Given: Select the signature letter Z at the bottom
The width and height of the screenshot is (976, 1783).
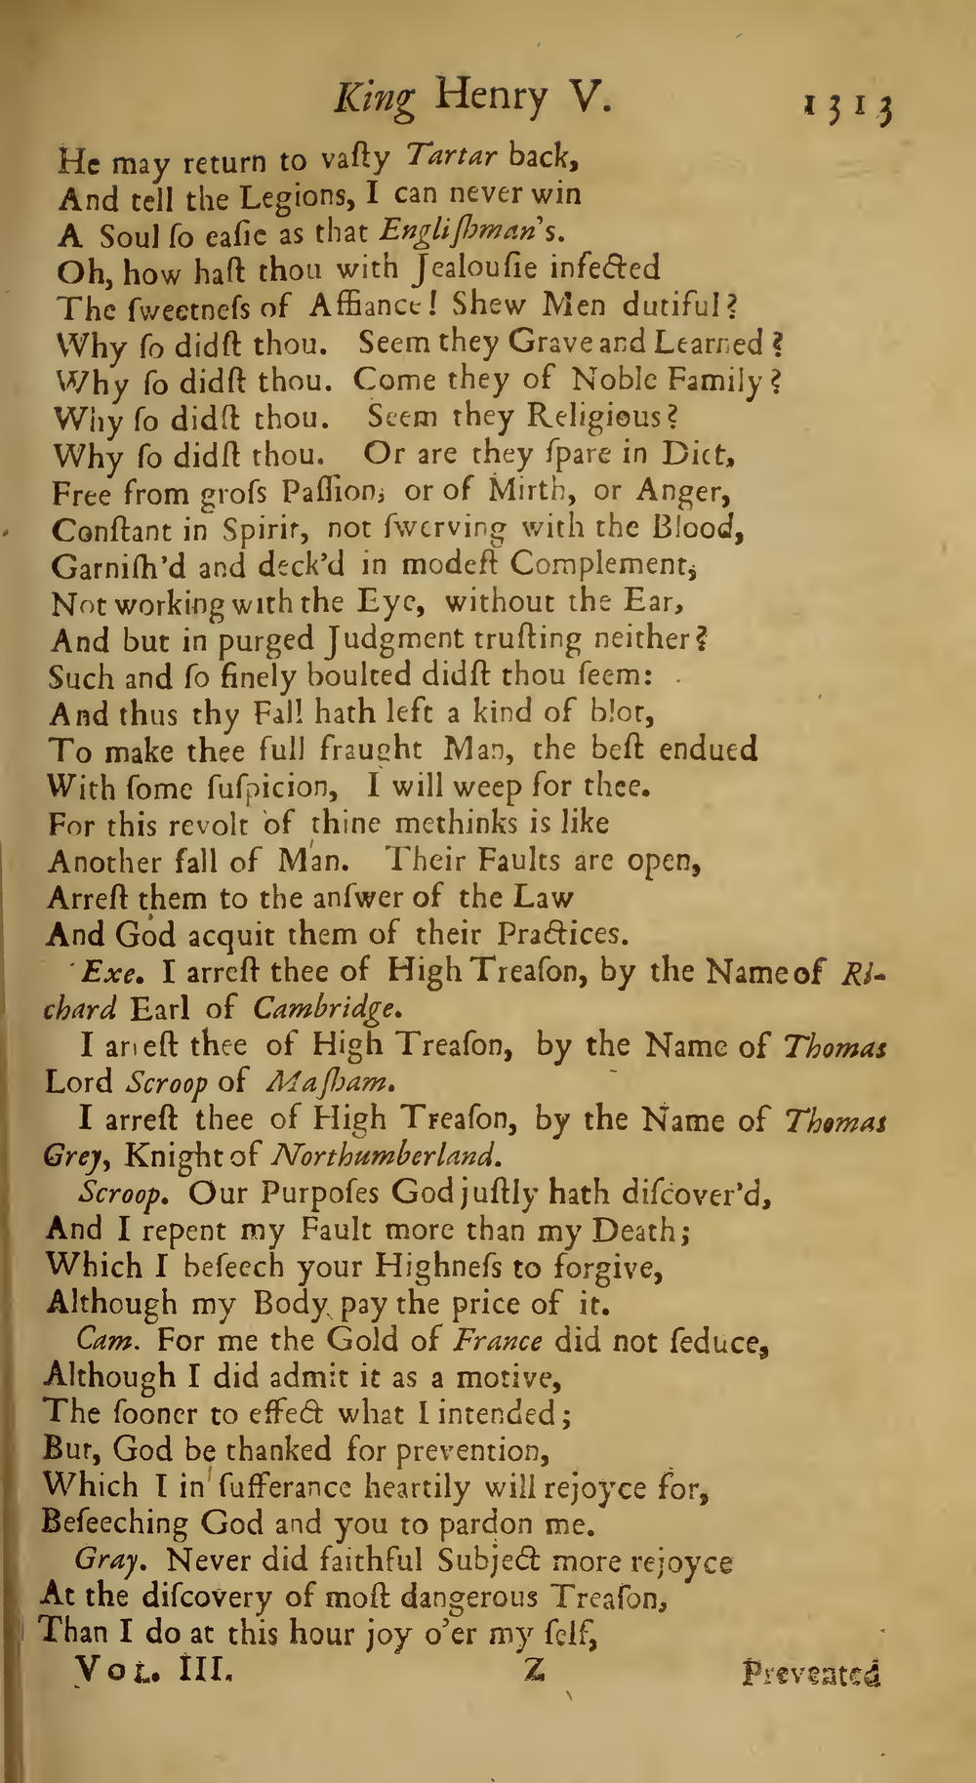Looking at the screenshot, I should [533, 1671].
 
